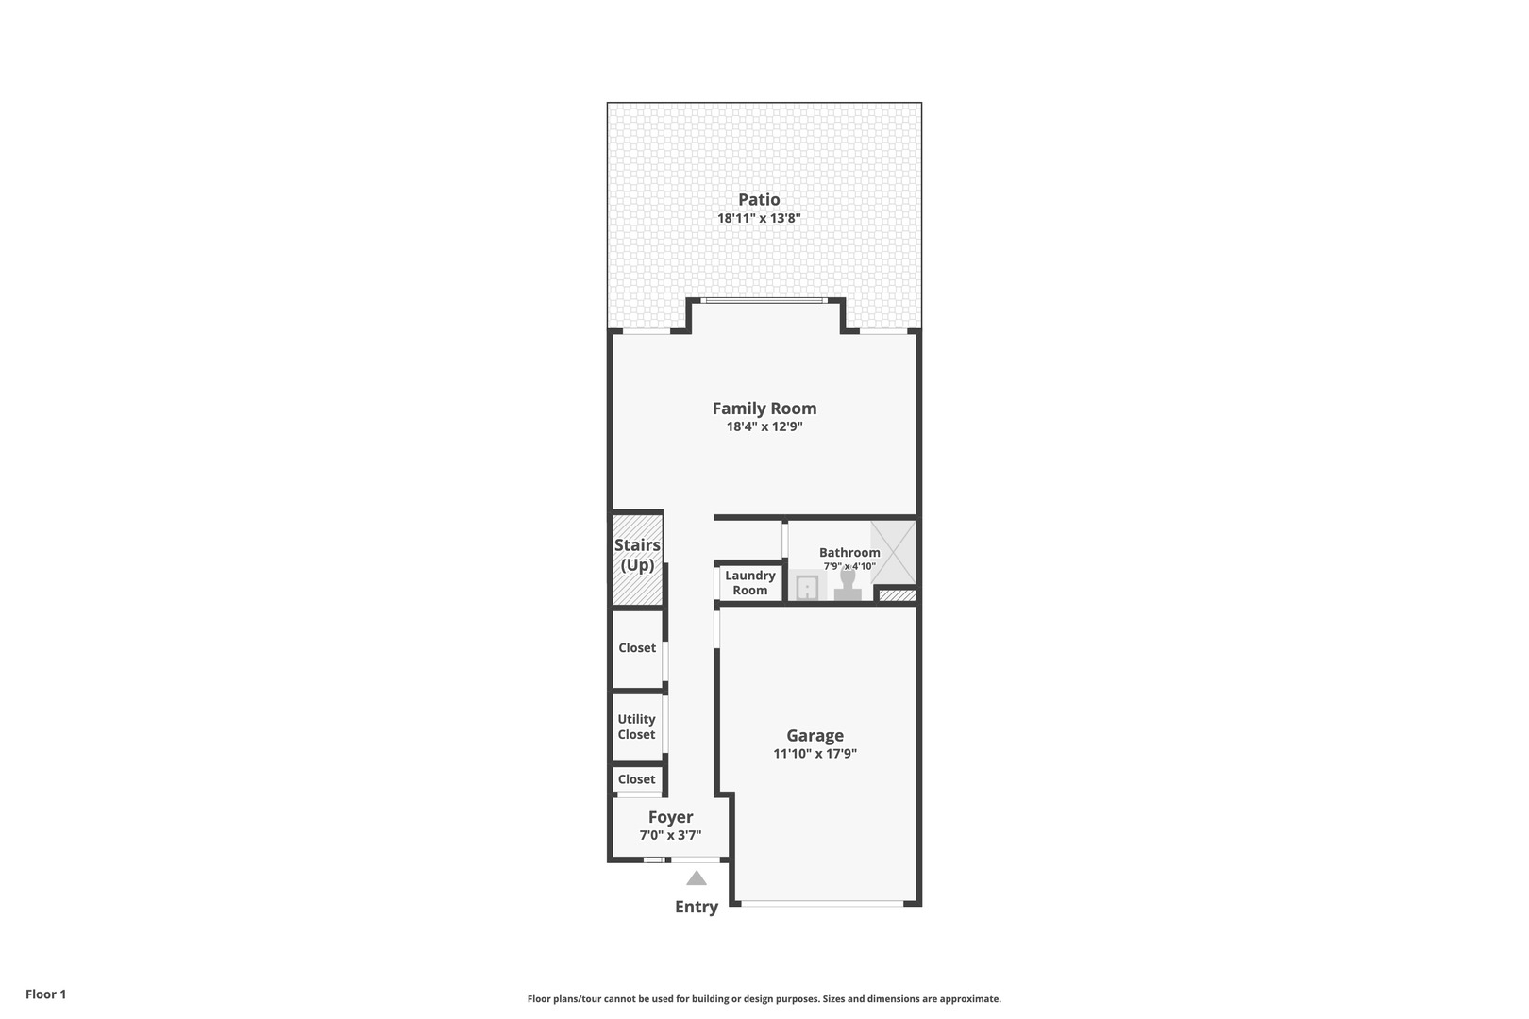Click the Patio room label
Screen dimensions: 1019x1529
759,199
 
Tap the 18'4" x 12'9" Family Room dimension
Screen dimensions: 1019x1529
764,426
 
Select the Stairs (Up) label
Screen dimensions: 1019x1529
637,555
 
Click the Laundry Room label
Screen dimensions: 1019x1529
750,583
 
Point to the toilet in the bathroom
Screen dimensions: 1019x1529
848,586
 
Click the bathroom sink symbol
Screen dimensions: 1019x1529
806,588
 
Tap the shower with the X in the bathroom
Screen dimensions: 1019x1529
893,551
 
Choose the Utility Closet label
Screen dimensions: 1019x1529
636,727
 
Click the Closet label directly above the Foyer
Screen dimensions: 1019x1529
636,779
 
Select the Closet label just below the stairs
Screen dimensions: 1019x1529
637,648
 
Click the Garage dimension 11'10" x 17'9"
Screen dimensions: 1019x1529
815,754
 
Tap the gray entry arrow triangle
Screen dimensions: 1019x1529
697,878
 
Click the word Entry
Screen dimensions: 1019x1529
697,907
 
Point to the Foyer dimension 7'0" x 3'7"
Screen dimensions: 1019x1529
670,835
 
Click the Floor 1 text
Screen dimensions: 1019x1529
45,994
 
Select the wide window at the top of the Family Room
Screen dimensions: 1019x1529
764,301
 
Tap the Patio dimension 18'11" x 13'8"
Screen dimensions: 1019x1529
759,218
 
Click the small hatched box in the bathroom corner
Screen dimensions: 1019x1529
897,595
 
